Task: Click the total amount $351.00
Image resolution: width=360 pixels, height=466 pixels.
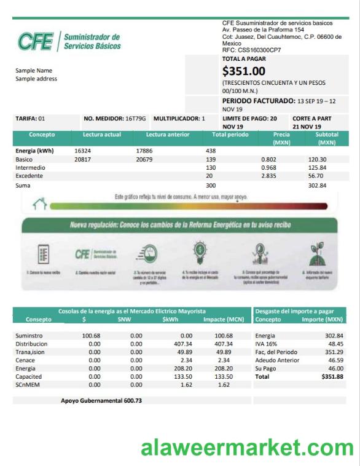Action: (x=244, y=71)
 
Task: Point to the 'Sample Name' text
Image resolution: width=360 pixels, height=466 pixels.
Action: (x=34, y=70)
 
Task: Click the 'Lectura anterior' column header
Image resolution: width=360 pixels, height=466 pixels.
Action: (x=167, y=134)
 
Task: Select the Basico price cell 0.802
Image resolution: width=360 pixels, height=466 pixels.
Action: (x=268, y=159)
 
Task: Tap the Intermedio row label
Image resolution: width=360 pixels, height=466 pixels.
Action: (x=30, y=167)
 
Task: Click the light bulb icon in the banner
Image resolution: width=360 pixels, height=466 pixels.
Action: (x=199, y=253)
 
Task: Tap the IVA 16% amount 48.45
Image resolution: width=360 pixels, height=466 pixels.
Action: (x=335, y=344)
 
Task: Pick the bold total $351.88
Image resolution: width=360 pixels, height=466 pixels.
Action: (x=332, y=376)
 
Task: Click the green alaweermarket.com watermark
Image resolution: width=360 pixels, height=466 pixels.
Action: (x=247, y=448)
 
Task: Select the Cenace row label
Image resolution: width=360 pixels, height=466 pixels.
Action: (x=25, y=360)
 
